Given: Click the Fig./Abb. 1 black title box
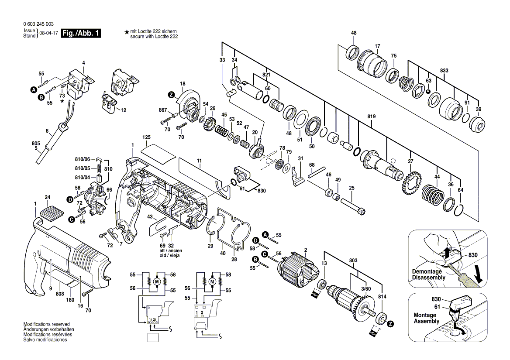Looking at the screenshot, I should click(81, 34).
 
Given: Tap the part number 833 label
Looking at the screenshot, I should click(444, 70).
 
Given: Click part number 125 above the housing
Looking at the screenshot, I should click(147, 137).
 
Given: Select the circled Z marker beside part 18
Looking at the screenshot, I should click(171, 95).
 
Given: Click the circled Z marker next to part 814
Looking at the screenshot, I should click(390, 324).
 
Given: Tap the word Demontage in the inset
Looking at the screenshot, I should click(427, 271).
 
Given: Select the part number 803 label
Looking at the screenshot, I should click(353, 261).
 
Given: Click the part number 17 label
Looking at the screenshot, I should click(377, 46).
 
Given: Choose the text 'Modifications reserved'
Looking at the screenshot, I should click(46, 324).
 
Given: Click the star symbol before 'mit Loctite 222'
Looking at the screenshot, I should click(127, 32).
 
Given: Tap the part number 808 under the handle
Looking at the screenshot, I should click(60, 294).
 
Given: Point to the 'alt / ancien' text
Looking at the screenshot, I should click(170, 251).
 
